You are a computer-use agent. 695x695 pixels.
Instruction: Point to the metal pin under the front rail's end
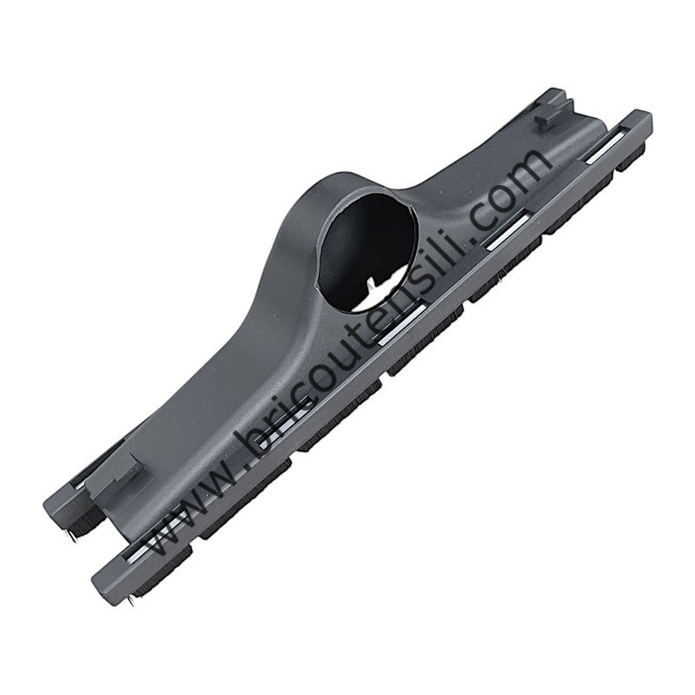[129, 601]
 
